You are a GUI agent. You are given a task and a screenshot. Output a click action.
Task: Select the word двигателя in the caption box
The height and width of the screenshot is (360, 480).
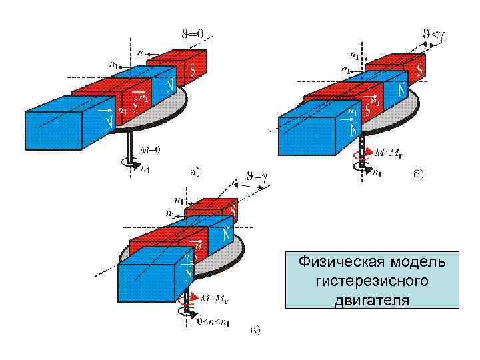[371, 299]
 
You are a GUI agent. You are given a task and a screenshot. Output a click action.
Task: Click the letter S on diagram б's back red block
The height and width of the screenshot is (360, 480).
[419, 68]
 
